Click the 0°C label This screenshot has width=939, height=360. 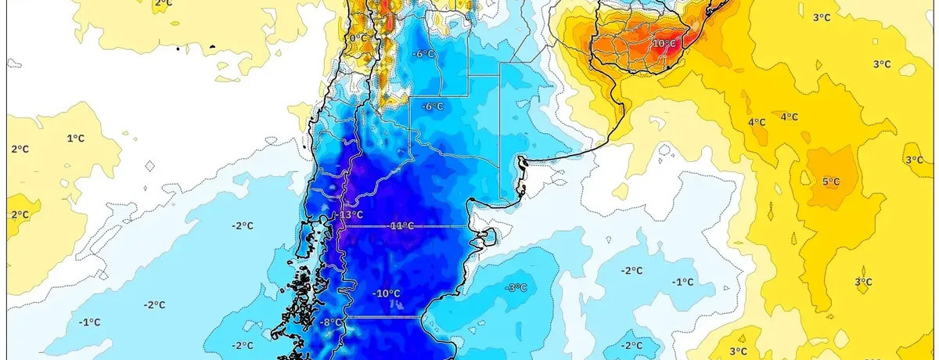(x=358, y=38)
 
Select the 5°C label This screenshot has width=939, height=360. (x=830, y=182)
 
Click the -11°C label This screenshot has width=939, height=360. (x=401, y=225)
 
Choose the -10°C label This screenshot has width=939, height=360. (x=387, y=293)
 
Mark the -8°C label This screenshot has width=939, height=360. (x=332, y=322)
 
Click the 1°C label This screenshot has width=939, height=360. (x=75, y=138)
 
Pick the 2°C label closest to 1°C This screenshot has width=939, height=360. (x=19, y=149)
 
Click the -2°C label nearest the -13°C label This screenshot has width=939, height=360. (x=243, y=225)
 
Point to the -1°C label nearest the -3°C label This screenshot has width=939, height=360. (x=683, y=282)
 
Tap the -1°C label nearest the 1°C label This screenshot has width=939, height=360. (x=89, y=322)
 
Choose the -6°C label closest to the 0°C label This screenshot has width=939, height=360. (x=423, y=53)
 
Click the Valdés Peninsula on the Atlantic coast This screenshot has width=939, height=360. (x=487, y=234)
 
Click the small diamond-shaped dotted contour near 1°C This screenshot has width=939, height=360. (x=151, y=165)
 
